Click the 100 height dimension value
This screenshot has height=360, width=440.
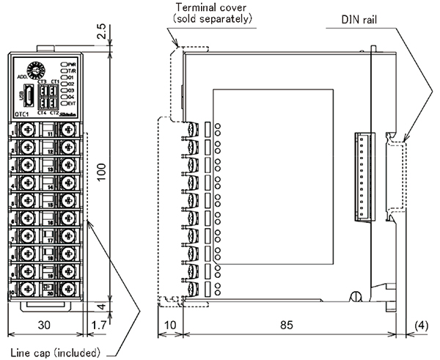(x=103, y=171)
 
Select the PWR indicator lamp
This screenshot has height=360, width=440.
(x=65, y=65)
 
